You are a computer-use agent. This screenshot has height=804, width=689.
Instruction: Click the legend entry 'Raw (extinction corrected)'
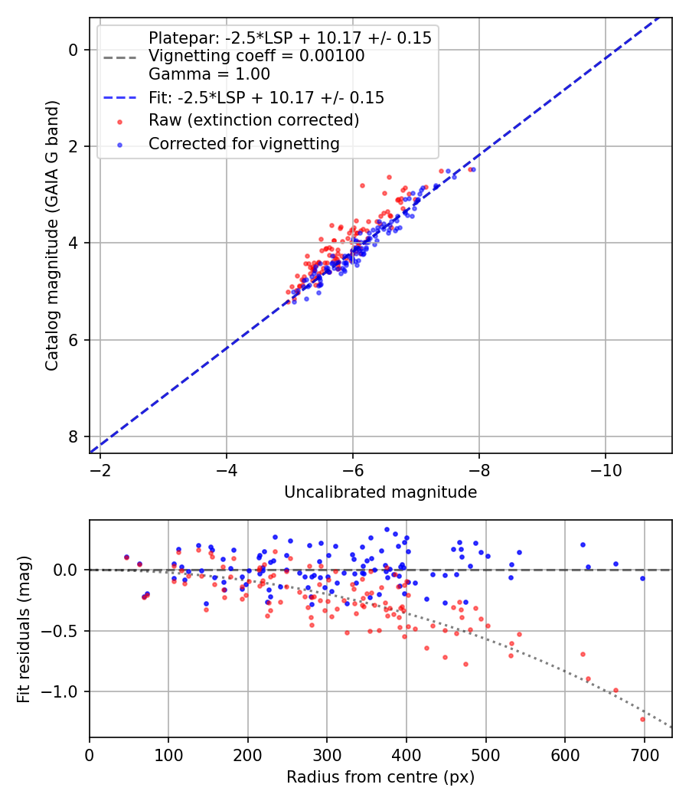(253, 120)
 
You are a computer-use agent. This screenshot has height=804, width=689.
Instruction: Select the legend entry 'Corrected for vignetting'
(243, 143)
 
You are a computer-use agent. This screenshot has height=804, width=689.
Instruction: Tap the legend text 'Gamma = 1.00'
(209, 75)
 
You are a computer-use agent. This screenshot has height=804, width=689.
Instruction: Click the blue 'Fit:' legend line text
(266, 98)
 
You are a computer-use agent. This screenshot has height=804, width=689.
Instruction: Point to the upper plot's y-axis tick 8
(73, 436)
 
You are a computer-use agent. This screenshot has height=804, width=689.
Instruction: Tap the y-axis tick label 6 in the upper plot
(73, 340)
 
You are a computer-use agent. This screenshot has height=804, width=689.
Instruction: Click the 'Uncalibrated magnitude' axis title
(380, 492)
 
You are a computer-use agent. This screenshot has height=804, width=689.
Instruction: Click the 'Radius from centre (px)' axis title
(380, 777)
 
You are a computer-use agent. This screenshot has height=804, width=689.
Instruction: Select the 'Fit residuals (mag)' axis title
(24, 629)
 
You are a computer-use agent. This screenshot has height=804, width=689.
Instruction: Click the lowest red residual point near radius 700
(642, 719)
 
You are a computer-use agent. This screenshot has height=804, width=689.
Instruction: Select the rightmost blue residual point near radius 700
(642, 578)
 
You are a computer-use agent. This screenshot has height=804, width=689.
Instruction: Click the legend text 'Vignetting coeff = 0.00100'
(256, 56)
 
